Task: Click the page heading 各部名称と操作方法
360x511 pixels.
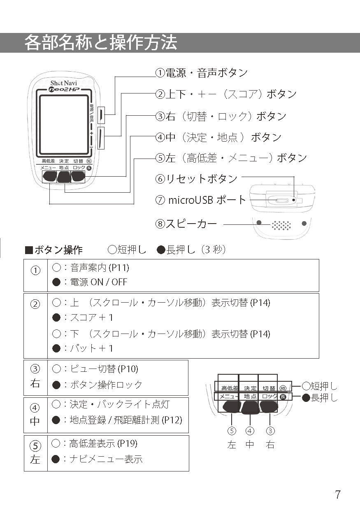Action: [x=101, y=43]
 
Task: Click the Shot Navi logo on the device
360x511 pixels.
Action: [x=61, y=82]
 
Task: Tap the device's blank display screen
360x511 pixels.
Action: [x=63, y=124]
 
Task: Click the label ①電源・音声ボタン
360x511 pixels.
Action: [x=202, y=73]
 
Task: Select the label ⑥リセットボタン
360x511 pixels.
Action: [x=197, y=179]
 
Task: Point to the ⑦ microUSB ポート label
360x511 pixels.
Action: [x=201, y=200]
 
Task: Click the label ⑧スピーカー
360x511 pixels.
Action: [x=186, y=224]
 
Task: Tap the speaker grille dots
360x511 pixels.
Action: [x=281, y=225]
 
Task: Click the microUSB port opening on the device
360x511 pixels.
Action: [x=282, y=201]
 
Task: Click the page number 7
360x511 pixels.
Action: [x=337, y=495]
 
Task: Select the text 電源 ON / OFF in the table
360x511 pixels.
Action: [x=99, y=282]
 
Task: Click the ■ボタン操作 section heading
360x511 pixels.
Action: [x=54, y=250]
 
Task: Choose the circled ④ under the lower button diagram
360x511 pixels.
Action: [x=250, y=431]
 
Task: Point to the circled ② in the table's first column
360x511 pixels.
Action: [x=36, y=304]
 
